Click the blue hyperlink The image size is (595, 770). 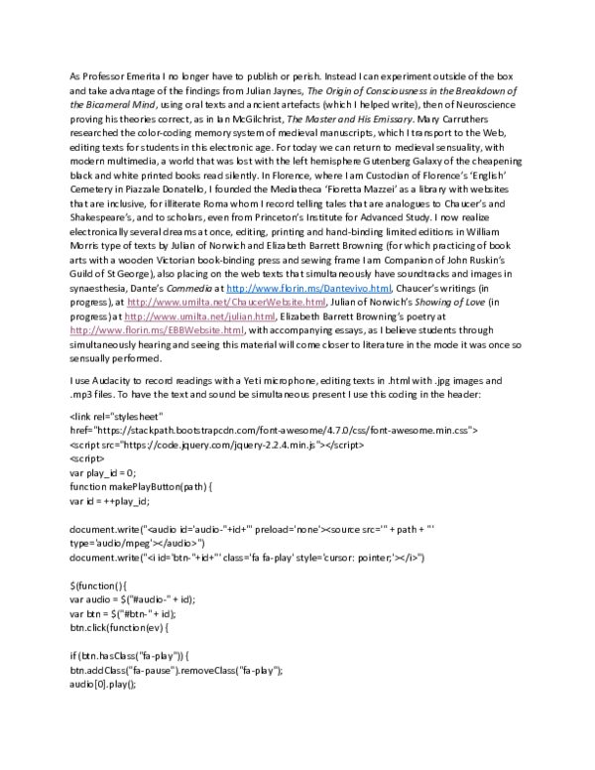pos(308,289)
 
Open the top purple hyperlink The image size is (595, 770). pos(226,302)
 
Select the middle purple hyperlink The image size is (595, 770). pos(199,317)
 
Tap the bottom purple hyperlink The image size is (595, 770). pos(157,330)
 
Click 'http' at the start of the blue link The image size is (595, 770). pos(233,289)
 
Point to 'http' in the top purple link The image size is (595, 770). pos(135,302)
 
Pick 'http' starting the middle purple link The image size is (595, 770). pos(131,317)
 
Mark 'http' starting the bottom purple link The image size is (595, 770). pos(76,330)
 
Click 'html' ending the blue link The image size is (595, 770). pos(383,289)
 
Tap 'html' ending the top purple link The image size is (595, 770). pos(316,302)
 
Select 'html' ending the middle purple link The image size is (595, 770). pos(266,317)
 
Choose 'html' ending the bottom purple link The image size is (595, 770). pos(235,330)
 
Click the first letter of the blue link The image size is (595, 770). pos(228,289)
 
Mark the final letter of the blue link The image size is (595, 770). pos(390,289)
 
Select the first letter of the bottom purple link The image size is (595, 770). pos(71,330)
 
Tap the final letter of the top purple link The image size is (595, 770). pos(324,302)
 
